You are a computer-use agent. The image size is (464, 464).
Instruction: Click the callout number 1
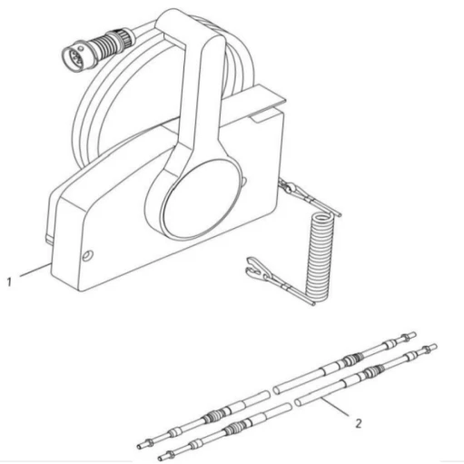tap(9, 281)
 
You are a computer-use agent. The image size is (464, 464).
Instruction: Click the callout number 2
tap(359, 423)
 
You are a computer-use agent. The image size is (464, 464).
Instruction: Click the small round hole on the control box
tap(88, 256)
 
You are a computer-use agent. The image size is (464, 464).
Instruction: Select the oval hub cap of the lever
tap(202, 198)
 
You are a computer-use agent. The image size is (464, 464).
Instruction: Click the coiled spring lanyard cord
tap(320, 257)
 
